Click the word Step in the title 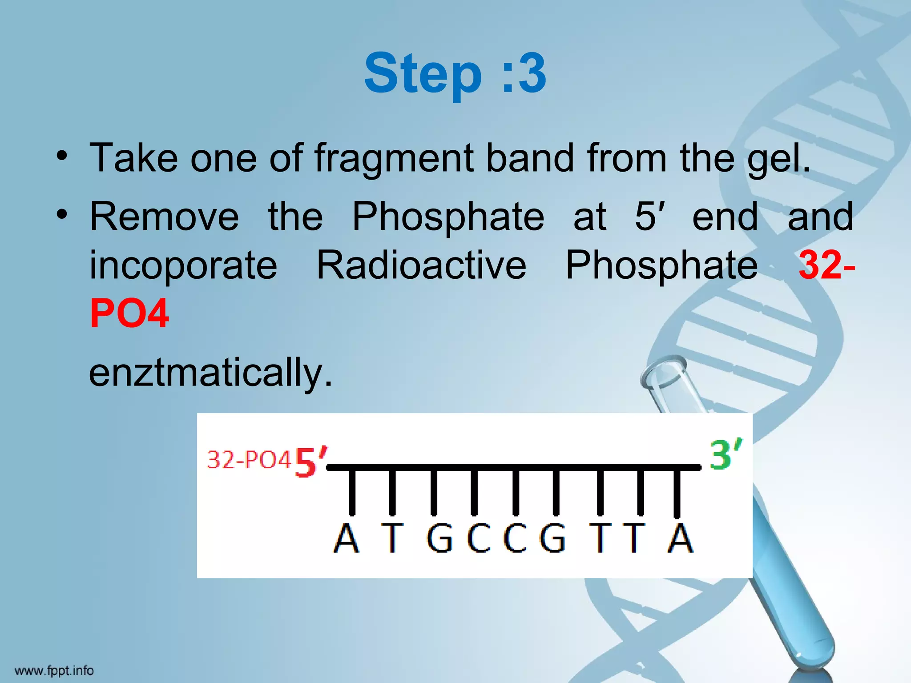pos(423,74)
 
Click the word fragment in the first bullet pos(394,159)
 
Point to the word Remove pos(164,217)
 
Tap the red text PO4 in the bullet pos(129,314)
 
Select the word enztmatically pos(210,373)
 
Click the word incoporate pos(183,265)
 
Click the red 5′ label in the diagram pos(310,462)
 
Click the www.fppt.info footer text pos(54,671)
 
